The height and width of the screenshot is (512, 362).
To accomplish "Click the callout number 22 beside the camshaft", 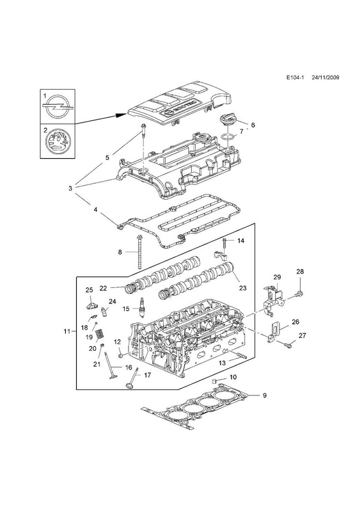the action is pos(103,288).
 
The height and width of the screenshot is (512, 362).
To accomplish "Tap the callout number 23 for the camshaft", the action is pos(242,288).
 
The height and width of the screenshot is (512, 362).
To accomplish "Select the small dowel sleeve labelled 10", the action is pos(215,381).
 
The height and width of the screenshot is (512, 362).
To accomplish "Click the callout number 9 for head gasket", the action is pos(265,396).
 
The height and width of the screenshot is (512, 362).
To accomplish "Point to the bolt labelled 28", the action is pos(301,294).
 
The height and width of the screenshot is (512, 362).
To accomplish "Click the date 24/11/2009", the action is pos(325,86).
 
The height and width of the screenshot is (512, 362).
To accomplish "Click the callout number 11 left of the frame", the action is pos(67,332).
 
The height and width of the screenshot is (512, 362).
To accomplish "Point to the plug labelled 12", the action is pos(121,355).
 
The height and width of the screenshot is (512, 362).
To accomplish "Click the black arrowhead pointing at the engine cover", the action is pos(122,115).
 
